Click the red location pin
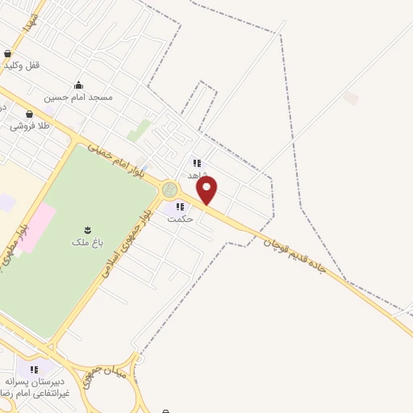(x=206, y=190)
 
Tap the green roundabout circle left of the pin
(x=169, y=190)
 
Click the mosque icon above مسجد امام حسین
(x=78, y=85)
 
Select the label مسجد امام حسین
(x=78, y=97)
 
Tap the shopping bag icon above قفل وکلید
(x=8, y=53)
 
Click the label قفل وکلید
(x=22, y=65)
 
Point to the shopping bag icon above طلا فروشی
(x=30, y=115)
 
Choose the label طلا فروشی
(x=30, y=126)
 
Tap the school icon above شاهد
(x=197, y=163)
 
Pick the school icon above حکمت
(x=179, y=206)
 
